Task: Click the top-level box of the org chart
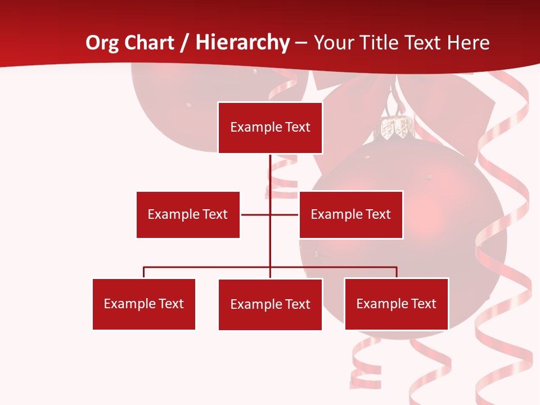tap(270, 128)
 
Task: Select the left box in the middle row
tap(188, 214)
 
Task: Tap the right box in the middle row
tap(350, 214)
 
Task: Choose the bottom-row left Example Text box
tap(143, 304)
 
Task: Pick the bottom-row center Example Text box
tap(270, 304)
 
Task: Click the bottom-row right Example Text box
tap(396, 304)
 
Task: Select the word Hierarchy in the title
tap(242, 43)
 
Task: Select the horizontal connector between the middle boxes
tap(256, 214)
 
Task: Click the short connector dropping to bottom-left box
tap(144, 272)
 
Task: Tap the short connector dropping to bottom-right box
tap(397, 272)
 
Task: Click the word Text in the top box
tap(296, 128)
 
